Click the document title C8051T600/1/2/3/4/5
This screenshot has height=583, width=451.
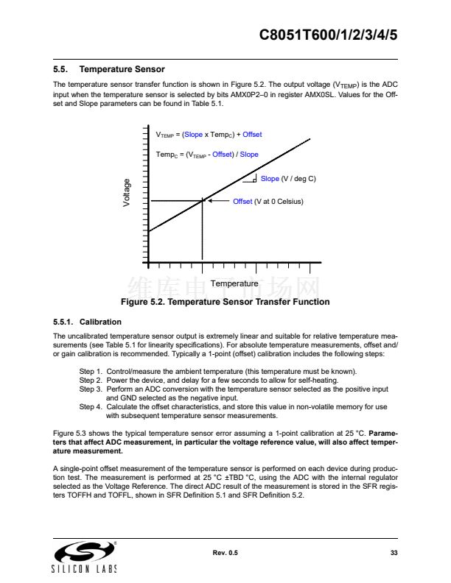329,35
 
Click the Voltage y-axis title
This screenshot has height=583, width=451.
127,193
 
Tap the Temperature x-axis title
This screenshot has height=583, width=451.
234,283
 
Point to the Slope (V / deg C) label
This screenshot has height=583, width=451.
288,179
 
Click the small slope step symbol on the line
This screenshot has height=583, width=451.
250,178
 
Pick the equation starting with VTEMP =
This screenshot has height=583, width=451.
209,135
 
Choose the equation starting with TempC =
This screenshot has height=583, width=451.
207,155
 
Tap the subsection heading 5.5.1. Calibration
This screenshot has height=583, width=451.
87,322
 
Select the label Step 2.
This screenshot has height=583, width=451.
91,381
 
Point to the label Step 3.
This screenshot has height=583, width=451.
91,389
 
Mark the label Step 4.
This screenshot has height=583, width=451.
91,406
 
